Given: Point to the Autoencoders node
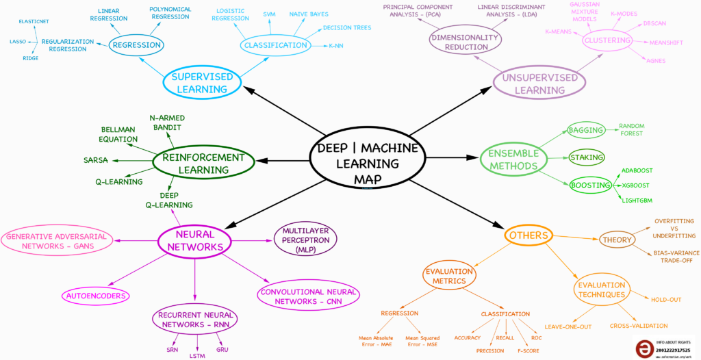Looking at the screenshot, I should [97, 296].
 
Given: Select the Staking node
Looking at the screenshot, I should [587, 157].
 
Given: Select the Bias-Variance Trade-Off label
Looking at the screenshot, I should [674, 257].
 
